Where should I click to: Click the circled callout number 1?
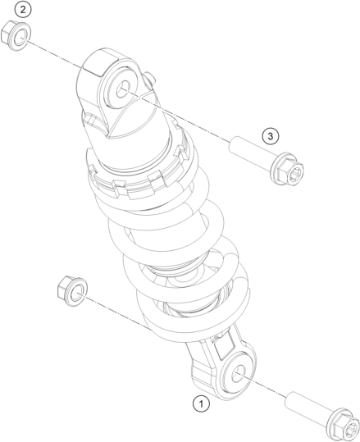201,404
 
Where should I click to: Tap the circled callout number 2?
23,10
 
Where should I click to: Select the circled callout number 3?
271,136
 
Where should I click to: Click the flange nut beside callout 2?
16,36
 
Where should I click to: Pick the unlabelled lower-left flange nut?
72,291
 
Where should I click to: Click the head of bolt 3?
287,169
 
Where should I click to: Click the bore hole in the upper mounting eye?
123,89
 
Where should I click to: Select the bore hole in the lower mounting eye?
239,374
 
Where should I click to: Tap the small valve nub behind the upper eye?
149,77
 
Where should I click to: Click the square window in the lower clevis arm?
224,348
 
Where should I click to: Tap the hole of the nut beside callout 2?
21,38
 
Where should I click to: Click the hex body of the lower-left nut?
64,287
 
